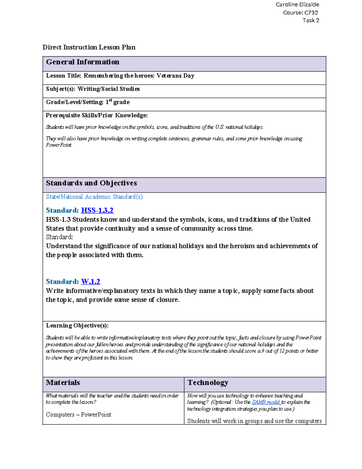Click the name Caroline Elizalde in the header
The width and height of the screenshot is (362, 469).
coord(297,5)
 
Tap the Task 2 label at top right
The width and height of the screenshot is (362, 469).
coord(311,21)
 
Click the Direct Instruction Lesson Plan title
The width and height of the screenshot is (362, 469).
coord(89,47)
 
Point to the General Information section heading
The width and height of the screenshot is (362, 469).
coord(82,62)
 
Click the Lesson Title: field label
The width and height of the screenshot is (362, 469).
coord(64,76)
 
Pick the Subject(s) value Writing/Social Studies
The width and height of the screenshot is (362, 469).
coord(109,89)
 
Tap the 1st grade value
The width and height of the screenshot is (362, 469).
coord(117,102)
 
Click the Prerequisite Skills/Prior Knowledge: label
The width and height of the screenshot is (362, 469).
coord(97,115)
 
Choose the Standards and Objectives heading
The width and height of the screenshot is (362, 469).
coord(91,183)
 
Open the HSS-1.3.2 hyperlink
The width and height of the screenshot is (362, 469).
coord(97,210)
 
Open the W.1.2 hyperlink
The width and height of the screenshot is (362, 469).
coord(91,282)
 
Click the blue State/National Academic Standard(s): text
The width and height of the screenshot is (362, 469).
coord(95,197)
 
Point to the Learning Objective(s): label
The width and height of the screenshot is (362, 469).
coord(77,326)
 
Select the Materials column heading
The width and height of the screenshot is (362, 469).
coord(63,383)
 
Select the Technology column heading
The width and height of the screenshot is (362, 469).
coord(208,383)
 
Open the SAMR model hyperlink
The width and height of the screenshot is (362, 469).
coord(266,402)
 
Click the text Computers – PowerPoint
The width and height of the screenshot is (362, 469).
coord(78,415)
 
